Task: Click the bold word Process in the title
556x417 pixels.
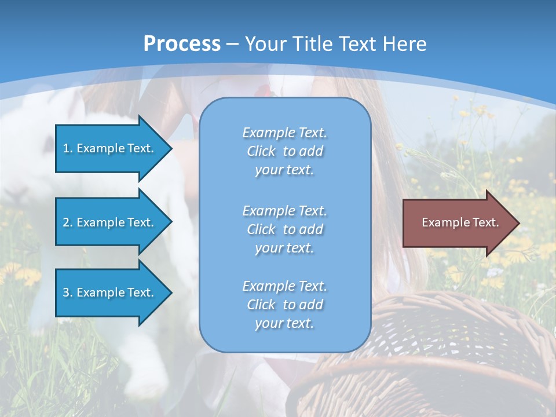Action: click(182, 44)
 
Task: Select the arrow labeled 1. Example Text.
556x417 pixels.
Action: click(110, 148)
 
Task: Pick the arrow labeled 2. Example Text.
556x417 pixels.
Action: click(110, 222)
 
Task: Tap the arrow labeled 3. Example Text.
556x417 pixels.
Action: click(110, 292)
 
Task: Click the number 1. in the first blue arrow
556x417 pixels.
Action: click(67, 148)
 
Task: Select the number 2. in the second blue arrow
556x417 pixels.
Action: click(67, 222)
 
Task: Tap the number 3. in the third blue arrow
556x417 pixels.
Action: click(67, 292)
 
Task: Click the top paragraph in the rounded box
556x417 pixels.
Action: click(284, 151)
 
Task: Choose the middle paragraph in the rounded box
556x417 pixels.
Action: click(284, 229)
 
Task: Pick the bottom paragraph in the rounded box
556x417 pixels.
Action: click(284, 305)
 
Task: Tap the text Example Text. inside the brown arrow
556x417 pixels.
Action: click(460, 222)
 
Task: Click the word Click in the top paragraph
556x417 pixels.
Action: click(261, 151)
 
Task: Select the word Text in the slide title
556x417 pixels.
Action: click(357, 44)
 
